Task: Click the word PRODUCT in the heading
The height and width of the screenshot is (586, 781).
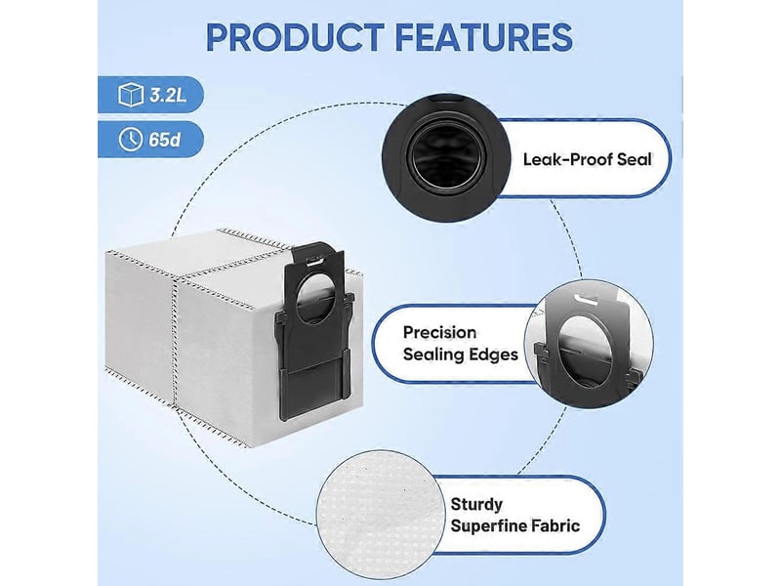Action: click(x=295, y=37)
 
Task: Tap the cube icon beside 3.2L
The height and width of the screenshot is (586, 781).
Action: click(x=131, y=94)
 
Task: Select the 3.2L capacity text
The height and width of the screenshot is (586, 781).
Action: click(x=168, y=95)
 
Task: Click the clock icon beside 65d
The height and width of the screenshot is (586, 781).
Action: click(x=131, y=139)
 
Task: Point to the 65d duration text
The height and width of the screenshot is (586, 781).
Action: click(x=164, y=140)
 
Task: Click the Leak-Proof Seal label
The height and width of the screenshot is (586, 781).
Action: click(x=588, y=159)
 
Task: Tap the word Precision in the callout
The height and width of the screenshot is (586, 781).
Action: click(x=440, y=332)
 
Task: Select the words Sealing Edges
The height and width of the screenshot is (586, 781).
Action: click(x=461, y=355)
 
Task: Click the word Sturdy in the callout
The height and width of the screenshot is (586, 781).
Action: click(x=476, y=504)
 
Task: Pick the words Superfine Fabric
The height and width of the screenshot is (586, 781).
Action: click(x=515, y=526)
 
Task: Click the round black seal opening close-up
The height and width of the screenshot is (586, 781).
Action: click(x=446, y=157)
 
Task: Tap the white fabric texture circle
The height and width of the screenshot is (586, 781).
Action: click(x=380, y=515)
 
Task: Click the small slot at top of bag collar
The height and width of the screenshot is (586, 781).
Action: click(x=314, y=261)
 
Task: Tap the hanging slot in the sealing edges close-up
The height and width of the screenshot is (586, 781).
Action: click(x=588, y=299)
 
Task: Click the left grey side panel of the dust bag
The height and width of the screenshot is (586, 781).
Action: click(x=140, y=324)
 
